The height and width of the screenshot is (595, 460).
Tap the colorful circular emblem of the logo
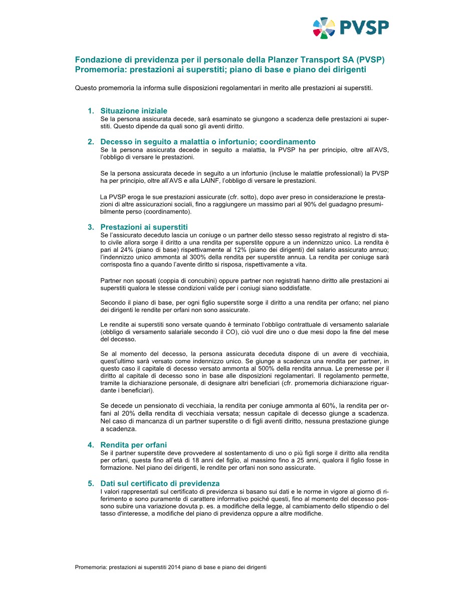[324, 28]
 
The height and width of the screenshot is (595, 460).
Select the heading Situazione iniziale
[134, 111]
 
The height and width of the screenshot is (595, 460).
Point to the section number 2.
[91, 142]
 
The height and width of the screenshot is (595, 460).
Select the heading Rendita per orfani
[134, 445]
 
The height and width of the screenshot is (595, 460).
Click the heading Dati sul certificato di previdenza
[160, 483]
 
